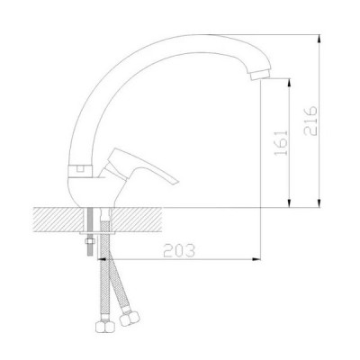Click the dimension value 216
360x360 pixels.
[x=310, y=121]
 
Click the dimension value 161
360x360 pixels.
[x=281, y=143]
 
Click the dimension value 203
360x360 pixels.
[x=179, y=251]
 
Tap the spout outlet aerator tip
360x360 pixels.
[x=260, y=75]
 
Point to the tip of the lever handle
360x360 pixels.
[x=177, y=182]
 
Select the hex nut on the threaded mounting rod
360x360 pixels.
[x=90, y=241]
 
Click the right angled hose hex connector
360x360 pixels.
[x=130, y=319]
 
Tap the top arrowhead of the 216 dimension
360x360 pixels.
[x=319, y=39]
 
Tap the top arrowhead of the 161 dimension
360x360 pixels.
[x=290, y=83]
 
